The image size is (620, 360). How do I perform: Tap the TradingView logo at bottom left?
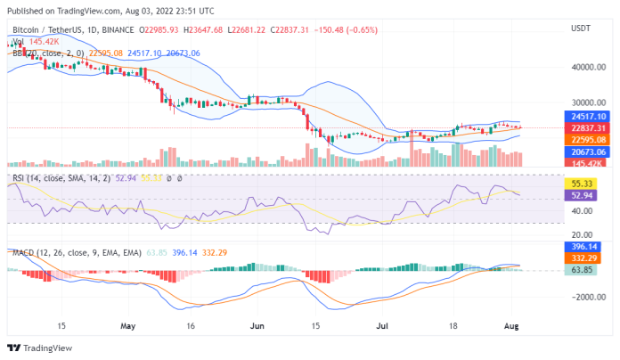pyautogui.click(x=37, y=348)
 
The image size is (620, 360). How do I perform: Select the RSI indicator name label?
pyautogui.click(x=18, y=178)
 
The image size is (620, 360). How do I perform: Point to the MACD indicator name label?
pyautogui.click(x=22, y=251)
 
